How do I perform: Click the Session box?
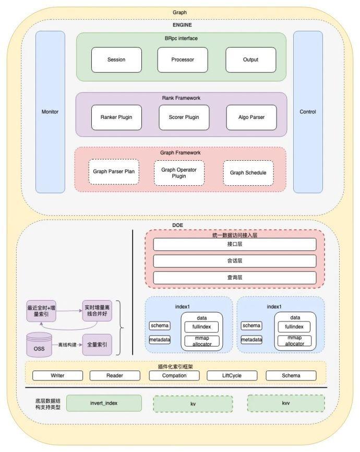click(x=116, y=60)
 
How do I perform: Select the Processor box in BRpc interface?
click(x=183, y=60)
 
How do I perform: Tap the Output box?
click(x=250, y=60)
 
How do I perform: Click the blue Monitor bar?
click(x=50, y=112)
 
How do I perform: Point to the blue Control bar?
click(x=308, y=112)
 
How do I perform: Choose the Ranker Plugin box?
click(x=116, y=117)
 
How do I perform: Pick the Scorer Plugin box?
click(x=184, y=117)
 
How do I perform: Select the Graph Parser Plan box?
click(x=114, y=172)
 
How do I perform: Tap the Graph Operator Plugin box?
click(x=179, y=173)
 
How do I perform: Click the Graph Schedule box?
click(x=248, y=173)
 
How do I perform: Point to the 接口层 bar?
click(x=235, y=244)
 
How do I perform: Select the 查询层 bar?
click(x=235, y=278)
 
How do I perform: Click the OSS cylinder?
click(x=39, y=345)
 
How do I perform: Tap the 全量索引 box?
click(x=97, y=345)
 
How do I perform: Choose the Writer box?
click(x=57, y=376)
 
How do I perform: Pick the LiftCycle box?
click(x=232, y=376)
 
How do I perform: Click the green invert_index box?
click(x=104, y=403)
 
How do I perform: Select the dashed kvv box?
click(x=285, y=403)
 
